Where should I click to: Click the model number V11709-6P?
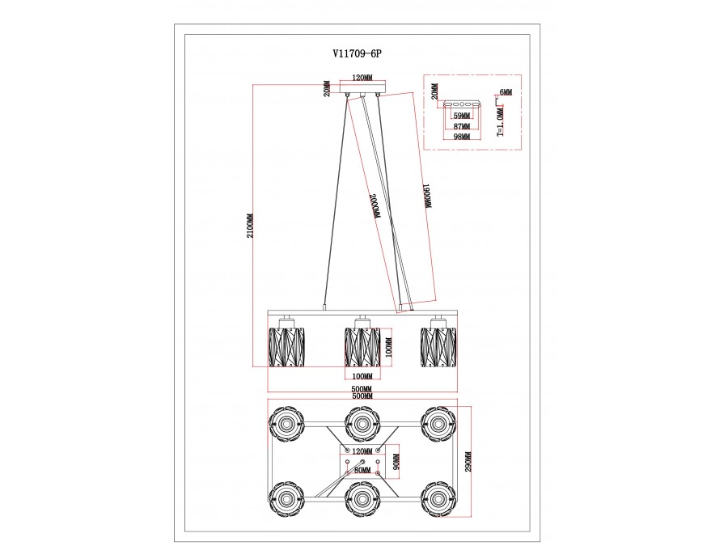tap(357, 54)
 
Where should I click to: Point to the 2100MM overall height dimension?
tap(250, 226)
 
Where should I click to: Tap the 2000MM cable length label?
tap(375, 205)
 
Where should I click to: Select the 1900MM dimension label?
tap(428, 196)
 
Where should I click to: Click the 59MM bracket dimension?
tap(462, 116)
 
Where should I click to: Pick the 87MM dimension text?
tap(462, 126)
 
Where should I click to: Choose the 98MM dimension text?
tap(462, 136)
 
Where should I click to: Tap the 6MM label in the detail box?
tap(506, 92)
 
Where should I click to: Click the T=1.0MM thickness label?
tap(500, 123)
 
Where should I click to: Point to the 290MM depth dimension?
tap(468, 462)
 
